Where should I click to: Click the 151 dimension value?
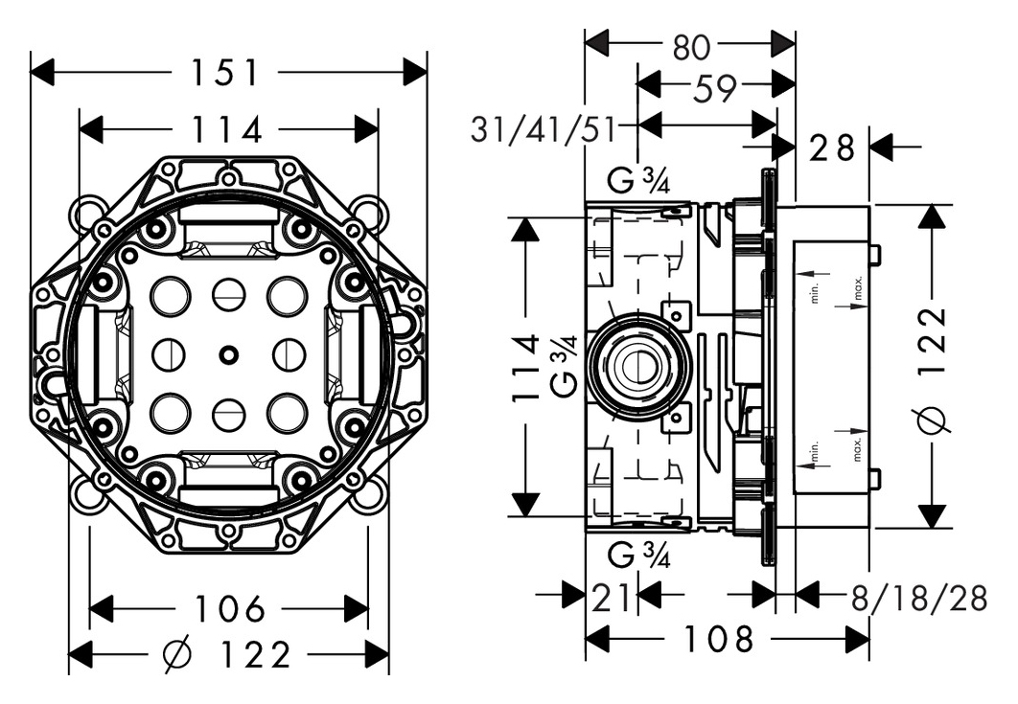click(x=224, y=72)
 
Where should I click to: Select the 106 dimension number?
click(x=230, y=608)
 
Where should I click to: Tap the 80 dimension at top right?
click(x=691, y=47)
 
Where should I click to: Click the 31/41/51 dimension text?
click(x=543, y=129)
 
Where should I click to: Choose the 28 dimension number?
click(x=833, y=148)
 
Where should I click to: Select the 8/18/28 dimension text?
click(x=918, y=597)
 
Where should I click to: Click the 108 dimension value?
click(x=718, y=639)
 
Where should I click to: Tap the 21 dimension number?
click(x=611, y=597)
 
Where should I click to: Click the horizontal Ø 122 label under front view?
click(x=227, y=655)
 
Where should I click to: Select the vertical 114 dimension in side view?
click(x=526, y=367)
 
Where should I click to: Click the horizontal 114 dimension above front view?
click(x=227, y=129)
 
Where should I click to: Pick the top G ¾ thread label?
click(x=638, y=180)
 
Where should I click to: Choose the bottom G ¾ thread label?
click(x=638, y=556)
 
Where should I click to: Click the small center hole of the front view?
click(x=228, y=354)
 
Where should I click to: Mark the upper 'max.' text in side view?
click(x=858, y=287)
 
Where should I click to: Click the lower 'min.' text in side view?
click(x=816, y=451)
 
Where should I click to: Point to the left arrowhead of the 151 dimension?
click(x=42, y=72)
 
